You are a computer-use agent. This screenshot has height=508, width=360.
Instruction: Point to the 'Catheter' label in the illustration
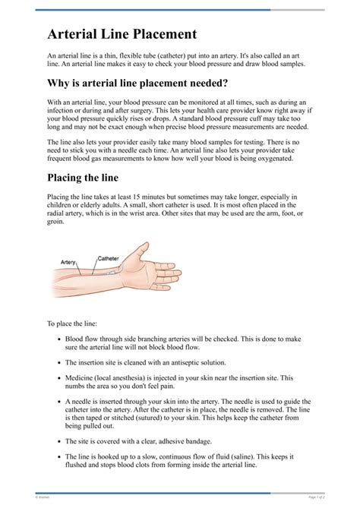(108, 258)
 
